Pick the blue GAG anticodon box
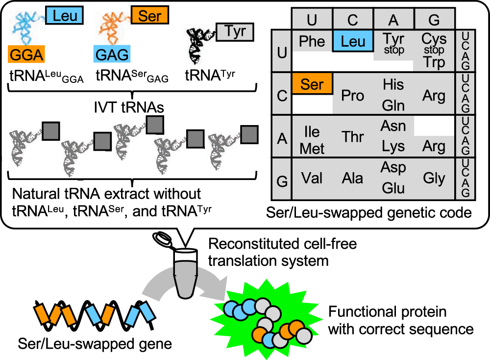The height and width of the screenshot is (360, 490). (x=111, y=53)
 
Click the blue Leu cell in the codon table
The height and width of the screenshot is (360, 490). (x=353, y=41)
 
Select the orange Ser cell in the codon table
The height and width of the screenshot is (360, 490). (x=312, y=84)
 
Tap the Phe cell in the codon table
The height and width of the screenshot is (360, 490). (x=312, y=42)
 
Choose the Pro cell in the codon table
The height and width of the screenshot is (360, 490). (x=353, y=95)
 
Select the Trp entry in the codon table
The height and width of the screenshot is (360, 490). (x=434, y=63)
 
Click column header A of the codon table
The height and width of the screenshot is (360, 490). (x=393, y=20)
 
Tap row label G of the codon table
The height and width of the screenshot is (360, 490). (x=282, y=180)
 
